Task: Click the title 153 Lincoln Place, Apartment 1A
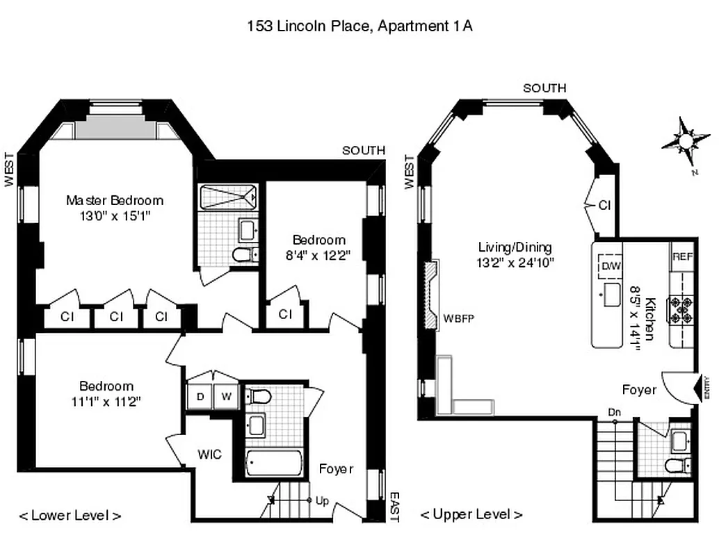click(x=360, y=26)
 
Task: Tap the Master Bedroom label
click(x=115, y=200)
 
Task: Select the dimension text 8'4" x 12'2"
click(x=318, y=254)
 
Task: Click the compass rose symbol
click(x=685, y=141)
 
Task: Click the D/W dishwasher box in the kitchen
click(x=611, y=265)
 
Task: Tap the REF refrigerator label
click(x=682, y=256)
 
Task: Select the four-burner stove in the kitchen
click(x=681, y=310)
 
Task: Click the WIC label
click(x=209, y=455)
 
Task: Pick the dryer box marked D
click(x=200, y=397)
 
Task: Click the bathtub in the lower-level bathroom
click(x=274, y=463)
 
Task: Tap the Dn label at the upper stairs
click(x=613, y=412)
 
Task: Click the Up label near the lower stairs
click(x=322, y=500)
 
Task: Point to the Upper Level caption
click(x=471, y=514)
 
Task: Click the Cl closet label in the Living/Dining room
click(x=604, y=206)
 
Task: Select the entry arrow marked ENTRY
click(x=701, y=388)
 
